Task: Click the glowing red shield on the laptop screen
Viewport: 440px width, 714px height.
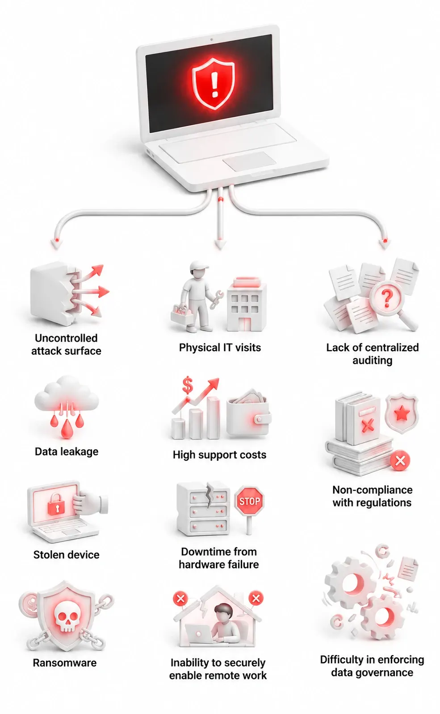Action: tap(214, 84)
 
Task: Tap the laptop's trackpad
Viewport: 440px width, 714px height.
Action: tap(249, 161)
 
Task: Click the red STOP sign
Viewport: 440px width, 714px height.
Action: tap(249, 501)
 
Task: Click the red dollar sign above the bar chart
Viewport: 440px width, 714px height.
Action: tap(188, 385)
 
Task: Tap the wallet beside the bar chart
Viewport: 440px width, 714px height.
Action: tap(249, 413)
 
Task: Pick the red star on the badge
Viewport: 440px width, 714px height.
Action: tap(402, 413)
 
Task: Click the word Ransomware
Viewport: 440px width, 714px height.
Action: tap(65, 663)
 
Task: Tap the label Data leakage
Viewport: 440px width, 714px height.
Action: tap(67, 451)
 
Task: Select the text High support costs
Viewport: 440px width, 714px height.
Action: tap(219, 455)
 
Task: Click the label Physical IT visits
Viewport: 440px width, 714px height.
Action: tap(220, 347)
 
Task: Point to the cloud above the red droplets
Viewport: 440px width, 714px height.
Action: tap(66, 394)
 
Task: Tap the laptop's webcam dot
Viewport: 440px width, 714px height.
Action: tap(211, 39)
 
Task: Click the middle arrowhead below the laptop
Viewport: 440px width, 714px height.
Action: tap(220, 243)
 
